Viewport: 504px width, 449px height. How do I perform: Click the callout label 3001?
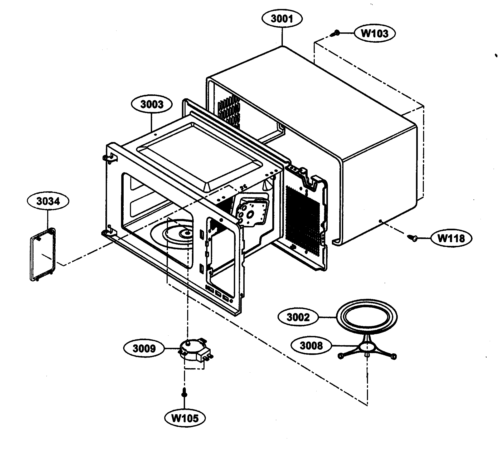282,19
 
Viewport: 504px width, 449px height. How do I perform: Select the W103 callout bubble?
374,33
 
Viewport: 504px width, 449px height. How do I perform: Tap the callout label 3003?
152,104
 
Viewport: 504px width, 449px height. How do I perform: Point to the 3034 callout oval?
48,201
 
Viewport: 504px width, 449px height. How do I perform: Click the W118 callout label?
451,238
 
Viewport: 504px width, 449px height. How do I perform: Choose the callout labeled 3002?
298,318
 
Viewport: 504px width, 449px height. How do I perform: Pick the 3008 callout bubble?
311,345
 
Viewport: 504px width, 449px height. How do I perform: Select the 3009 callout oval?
144,349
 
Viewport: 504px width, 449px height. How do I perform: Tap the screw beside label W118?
413,238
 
